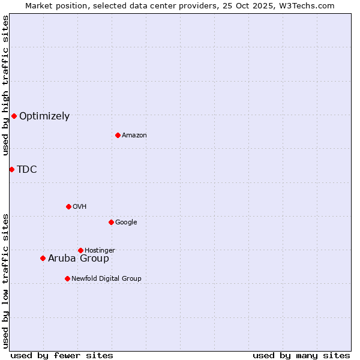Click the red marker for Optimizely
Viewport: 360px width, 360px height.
(x=14, y=116)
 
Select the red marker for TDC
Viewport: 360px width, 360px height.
(x=11, y=169)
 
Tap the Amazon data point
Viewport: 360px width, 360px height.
(x=118, y=135)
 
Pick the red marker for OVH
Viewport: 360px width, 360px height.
(x=68, y=206)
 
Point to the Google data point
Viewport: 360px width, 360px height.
(x=111, y=222)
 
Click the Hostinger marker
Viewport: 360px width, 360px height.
(x=80, y=250)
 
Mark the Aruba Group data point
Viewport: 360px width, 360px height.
(x=43, y=258)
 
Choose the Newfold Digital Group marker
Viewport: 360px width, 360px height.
(x=67, y=278)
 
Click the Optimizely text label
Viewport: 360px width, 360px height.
(x=44, y=116)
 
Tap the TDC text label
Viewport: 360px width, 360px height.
(x=27, y=170)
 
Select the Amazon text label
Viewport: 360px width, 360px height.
(x=134, y=136)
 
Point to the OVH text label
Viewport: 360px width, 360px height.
(x=80, y=207)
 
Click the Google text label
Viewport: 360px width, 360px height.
(x=126, y=223)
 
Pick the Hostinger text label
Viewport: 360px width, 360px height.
(x=100, y=251)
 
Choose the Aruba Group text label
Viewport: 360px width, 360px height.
(x=79, y=259)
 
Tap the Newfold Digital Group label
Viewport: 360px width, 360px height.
(x=106, y=279)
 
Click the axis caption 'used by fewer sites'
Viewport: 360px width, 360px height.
(x=62, y=355)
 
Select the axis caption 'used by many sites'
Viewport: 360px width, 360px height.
(x=301, y=355)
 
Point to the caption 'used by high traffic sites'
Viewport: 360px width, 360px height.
(x=5, y=86)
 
